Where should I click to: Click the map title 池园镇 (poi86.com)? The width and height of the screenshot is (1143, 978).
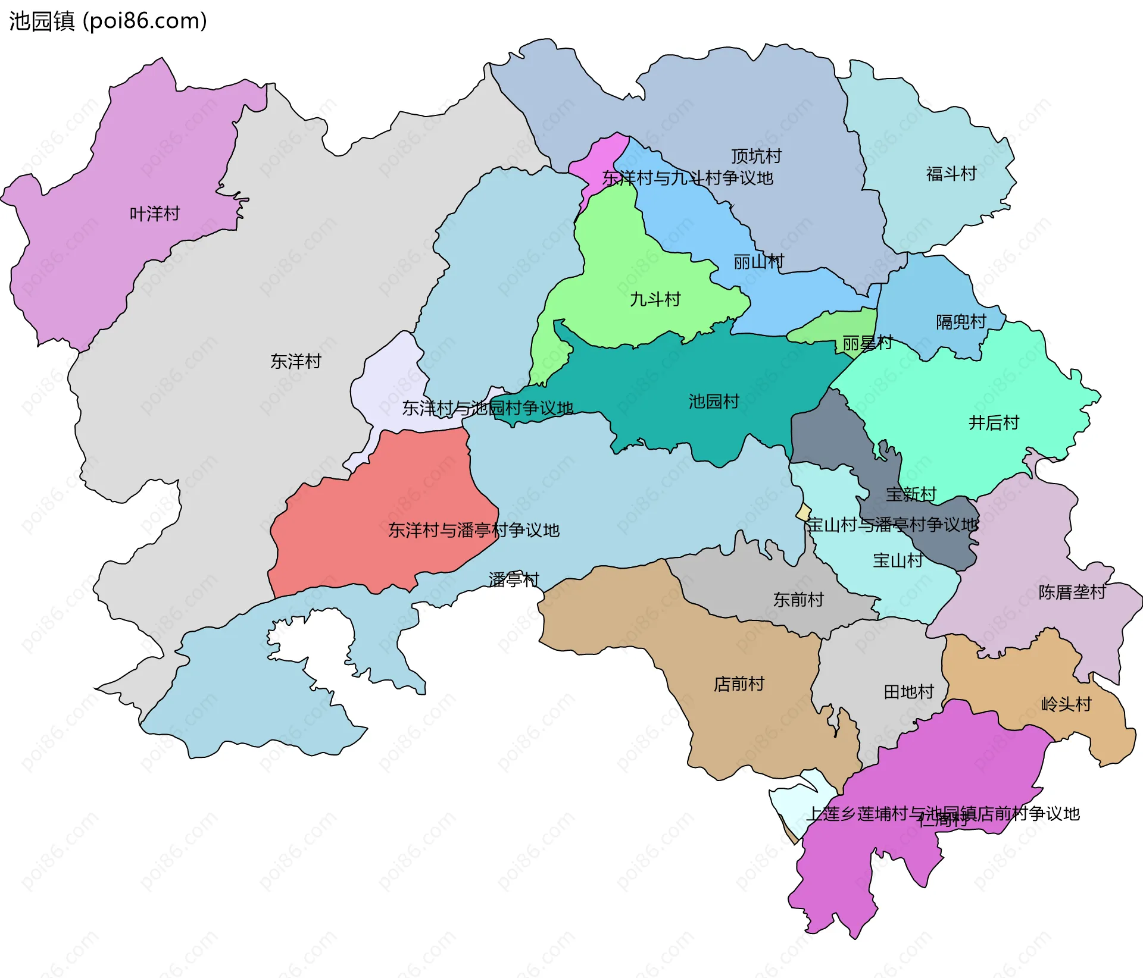(108, 21)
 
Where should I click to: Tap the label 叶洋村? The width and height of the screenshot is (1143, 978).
(155, 214)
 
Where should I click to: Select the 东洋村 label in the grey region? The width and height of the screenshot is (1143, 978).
(296, 361)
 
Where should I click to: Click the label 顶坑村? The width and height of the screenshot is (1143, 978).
(756, 156)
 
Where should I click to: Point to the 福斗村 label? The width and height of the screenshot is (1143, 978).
(951, 174)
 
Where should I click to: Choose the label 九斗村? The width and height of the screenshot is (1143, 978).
(655, 299)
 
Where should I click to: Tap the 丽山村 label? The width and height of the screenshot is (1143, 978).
(758, 261)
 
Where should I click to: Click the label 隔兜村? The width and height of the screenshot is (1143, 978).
(961, 322)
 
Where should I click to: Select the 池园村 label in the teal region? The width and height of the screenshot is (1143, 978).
(714, 402)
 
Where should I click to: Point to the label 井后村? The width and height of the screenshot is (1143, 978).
(994, 422)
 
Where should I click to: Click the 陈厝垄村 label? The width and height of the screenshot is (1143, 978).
(1072, 592)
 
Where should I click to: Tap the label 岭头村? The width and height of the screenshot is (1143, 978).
(1066, 704)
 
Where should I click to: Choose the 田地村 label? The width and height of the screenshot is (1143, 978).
(908, 692)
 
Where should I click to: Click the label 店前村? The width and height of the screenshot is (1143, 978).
(739, 684)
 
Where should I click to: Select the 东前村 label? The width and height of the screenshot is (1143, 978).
(798, 600)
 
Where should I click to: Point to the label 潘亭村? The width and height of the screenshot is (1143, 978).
(514, 579)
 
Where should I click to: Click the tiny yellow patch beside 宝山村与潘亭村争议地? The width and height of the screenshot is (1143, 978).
(804, 512)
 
